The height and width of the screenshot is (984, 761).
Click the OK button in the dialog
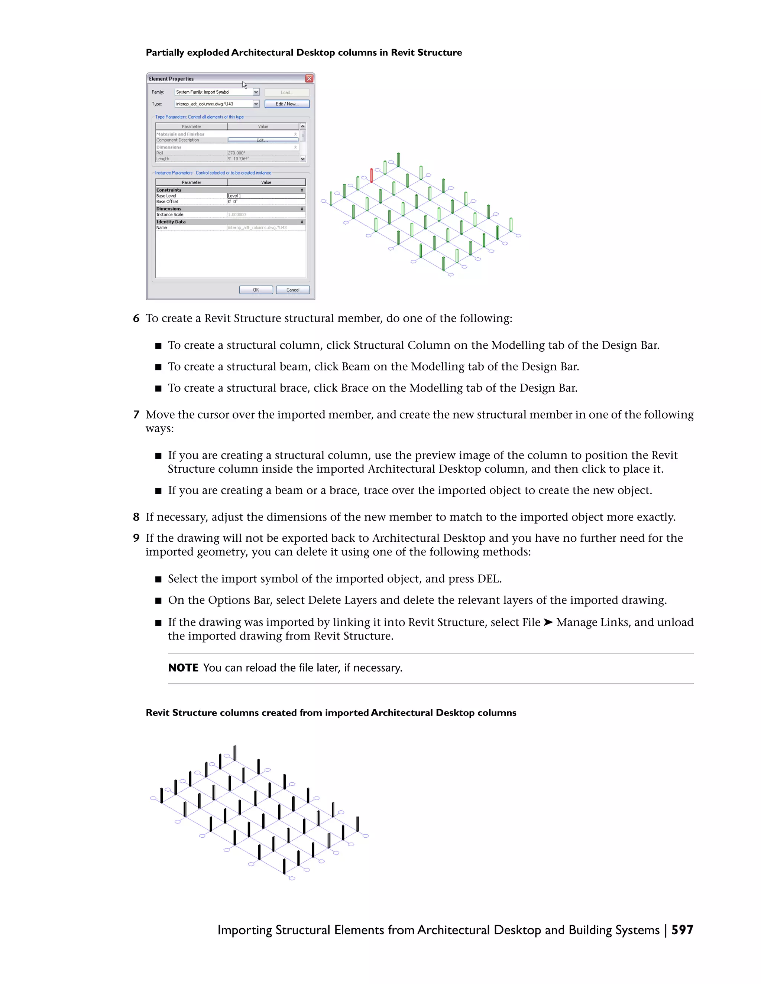point(256,290)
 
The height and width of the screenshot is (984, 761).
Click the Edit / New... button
point(287,104)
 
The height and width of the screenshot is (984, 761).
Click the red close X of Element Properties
point(309,78)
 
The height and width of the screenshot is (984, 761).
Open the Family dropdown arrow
point(256,92)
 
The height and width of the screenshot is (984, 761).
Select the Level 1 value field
point(266,196)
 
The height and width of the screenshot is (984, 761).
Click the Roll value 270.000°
point(237,153)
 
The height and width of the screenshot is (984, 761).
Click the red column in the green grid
point(371,175)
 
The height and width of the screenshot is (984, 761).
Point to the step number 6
point(136,319)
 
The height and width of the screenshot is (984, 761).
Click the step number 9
point(136,538)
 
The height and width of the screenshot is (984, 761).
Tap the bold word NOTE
point(183,668)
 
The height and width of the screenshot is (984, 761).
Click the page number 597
point(682,930)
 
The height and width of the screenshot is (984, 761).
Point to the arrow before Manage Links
point(548,622)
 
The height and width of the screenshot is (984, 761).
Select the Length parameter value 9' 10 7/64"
point(239,159)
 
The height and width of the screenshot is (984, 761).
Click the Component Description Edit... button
point(262,140)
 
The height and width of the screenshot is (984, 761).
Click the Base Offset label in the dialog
point(167,201)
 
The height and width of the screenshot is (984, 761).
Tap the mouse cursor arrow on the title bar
point(244,84)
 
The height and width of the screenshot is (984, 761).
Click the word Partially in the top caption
point(165,53)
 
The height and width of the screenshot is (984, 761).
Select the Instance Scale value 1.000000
point(237,215)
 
